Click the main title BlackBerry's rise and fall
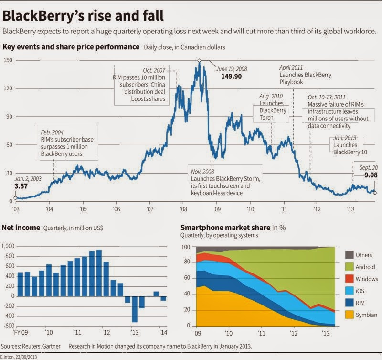(84, 15)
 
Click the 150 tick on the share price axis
(8, 60)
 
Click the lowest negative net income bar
(135, 309)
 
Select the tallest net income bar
(99, 273)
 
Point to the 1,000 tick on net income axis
(8, 246)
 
